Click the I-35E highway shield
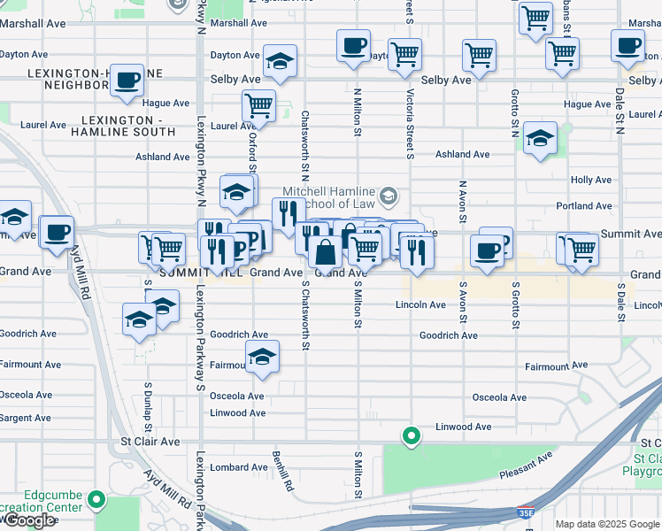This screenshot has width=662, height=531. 526,512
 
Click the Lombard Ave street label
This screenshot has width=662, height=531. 239,467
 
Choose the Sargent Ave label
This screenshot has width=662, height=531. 25,418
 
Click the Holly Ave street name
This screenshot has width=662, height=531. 591,180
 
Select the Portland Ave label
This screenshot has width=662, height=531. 584,206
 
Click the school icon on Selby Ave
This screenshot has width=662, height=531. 281,61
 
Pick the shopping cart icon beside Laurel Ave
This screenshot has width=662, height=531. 258,105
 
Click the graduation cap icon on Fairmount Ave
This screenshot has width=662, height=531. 261,357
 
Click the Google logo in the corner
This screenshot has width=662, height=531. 28,520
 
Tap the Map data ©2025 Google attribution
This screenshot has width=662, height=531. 606,524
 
